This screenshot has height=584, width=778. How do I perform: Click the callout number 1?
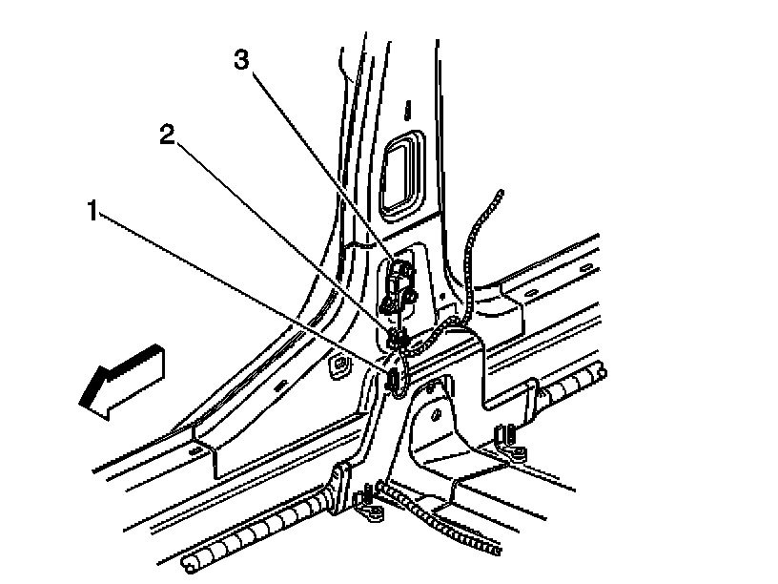pyautogui.click(x=92, y=211)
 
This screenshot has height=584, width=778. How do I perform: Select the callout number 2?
pyautogui.click(x=167, y=135)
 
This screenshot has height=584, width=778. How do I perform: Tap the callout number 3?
pyautogui.click(x=241, y=60)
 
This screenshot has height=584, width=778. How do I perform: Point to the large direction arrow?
pyautogui.click(x=122, y=382)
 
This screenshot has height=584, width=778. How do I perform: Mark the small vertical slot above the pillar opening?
pyautogui.click(x=407, y=110)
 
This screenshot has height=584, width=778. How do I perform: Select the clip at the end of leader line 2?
pyautogui.click(x=398, y=339)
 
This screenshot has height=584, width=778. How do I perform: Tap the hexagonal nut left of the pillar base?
pyautogui.click(x=339, y=365)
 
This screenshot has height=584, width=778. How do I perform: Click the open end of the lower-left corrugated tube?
pyautogui.click(x=189, y=563)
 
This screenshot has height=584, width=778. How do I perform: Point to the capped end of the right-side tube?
pyautogui.click(x=602, y=373)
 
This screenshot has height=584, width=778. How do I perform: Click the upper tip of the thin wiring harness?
pyautogui.click(x=501, y=193)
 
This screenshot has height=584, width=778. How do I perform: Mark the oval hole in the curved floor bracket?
pyautogui.click(x=437, y=414)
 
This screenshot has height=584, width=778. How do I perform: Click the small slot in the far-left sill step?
pyautogui.click(x=196, y=451)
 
